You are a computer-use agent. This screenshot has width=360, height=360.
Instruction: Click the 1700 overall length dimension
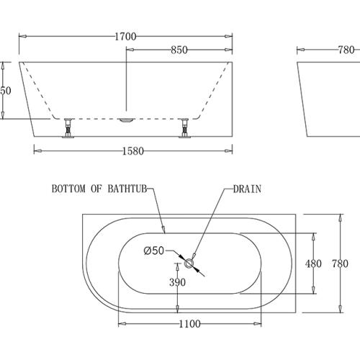point(125,35)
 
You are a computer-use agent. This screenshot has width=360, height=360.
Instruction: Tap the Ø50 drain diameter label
point(155,251)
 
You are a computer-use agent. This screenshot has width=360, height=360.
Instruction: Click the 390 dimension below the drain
point(177,283)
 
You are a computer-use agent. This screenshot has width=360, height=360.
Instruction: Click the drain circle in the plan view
point(190,264)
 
